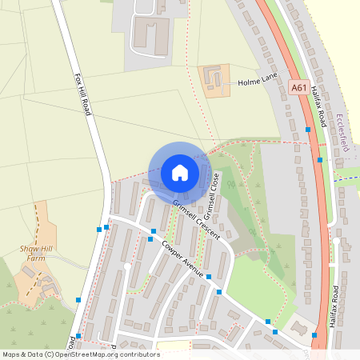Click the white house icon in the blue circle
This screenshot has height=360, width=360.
coord(180,172)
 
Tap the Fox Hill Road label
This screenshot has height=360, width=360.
coord(82,94)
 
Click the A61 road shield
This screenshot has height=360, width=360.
coord(299,89)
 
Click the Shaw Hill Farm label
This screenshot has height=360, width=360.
coord(35,254)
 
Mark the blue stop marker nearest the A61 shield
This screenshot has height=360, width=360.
coord(308,130)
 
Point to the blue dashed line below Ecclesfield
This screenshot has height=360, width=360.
coord(346,178)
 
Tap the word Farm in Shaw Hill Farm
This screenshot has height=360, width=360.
coord(35,258)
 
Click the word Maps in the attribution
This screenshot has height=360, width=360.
coord(12,354)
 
